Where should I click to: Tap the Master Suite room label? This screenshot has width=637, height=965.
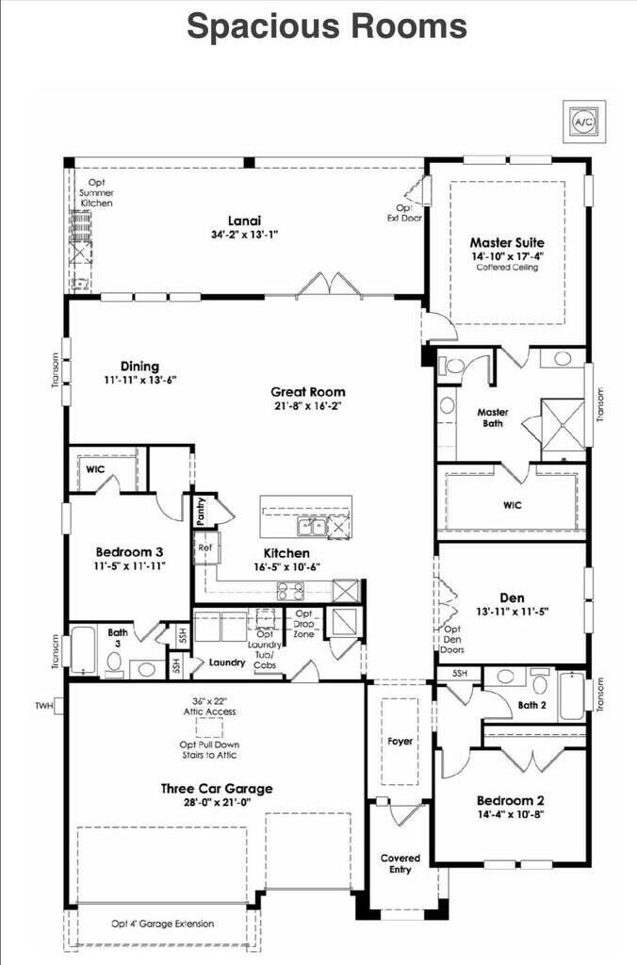(507, 242)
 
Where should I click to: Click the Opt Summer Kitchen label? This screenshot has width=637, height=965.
(96, 192)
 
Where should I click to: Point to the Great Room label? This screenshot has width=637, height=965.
(307, 392)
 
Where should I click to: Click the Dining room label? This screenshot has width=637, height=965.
(139, 367)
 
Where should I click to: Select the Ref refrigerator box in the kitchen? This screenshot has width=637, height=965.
(204, 546)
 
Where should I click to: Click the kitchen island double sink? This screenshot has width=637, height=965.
(313, 526)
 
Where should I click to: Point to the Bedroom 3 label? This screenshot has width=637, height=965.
(130, 552)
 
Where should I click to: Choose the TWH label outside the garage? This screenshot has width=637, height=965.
(43, 705)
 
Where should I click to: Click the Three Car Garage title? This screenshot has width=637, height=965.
(216, 789)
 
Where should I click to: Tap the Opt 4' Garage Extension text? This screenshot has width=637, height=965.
(168, 924)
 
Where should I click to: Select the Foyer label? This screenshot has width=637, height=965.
(400, 741)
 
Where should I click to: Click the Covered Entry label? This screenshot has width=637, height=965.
(400, 863)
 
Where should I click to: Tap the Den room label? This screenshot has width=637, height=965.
(512, 597)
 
